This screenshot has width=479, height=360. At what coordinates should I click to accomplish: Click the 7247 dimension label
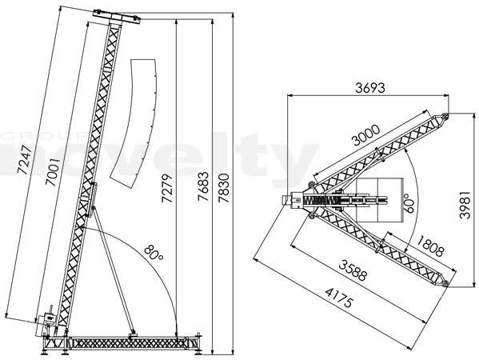(25, 160)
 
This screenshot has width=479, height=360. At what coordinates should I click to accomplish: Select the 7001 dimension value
(53, 171)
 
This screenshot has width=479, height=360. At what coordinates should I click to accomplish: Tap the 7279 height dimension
(167, 188)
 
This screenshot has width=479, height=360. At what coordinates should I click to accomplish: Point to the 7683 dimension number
(203, 186)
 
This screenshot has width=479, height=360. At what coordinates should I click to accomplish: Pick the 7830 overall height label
(224, 188)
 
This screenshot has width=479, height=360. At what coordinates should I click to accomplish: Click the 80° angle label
(154, 253)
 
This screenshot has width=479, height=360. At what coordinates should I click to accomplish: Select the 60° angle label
(409, 203)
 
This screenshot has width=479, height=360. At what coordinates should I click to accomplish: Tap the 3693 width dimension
(370, 88)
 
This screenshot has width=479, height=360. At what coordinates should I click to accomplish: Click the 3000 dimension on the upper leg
(365, 134)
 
